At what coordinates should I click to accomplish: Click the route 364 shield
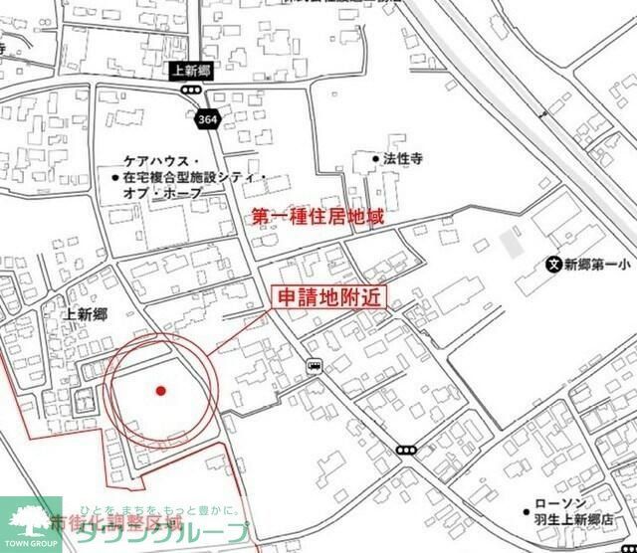tap(206, 118)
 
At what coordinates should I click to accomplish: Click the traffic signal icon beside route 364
tap(189, 90)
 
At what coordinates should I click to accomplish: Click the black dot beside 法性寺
tap(376, 158)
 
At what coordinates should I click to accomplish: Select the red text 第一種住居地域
tap(318, 215)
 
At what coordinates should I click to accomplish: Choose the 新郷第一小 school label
tap(599, 265)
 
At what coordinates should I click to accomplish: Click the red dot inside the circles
tap(160, 390)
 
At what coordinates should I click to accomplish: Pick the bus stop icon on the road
tap(315, 365)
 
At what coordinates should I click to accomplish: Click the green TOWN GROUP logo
tap(30, 524)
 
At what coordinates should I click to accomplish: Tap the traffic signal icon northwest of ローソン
tap(406, 451)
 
